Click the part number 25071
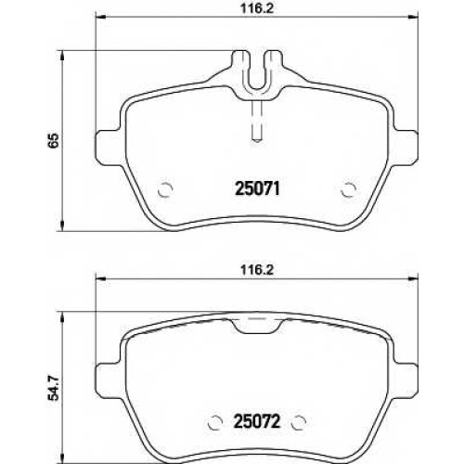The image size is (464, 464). (258, 188)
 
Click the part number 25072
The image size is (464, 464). (258, 421)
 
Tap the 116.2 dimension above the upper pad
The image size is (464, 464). (257, 8)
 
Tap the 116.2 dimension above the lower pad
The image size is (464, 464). (257, 270)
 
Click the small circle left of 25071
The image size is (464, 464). (164, 189)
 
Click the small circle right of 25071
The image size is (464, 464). (349, 189)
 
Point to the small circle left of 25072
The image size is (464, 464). (215, 422)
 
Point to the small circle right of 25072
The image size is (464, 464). (299, 422)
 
